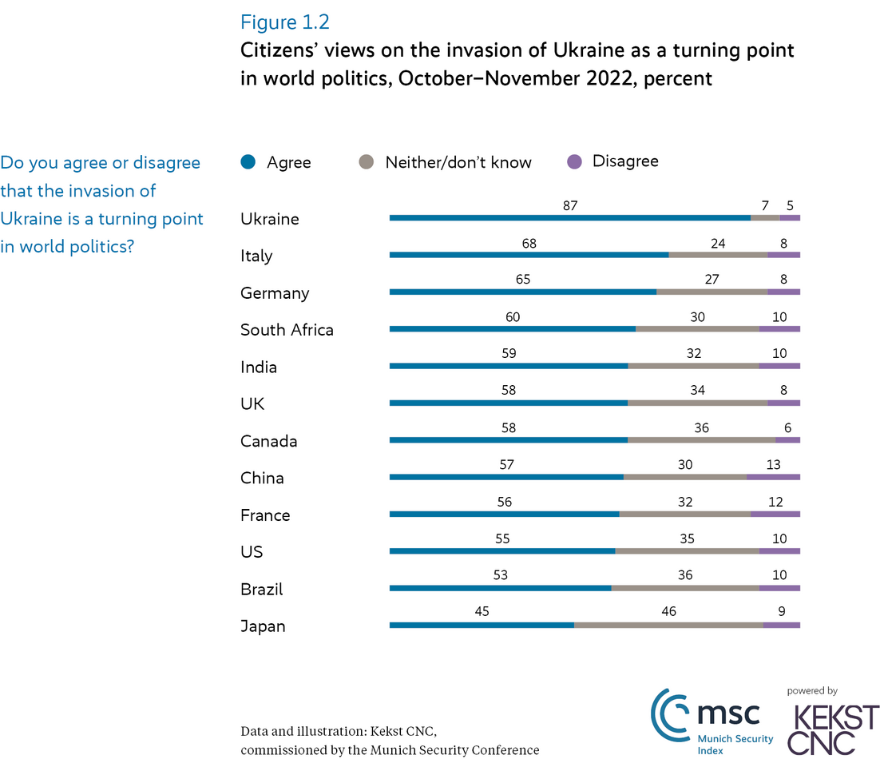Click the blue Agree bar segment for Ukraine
pos(569,217)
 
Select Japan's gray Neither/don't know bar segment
pos(668,625)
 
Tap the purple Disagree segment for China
pos(773,477)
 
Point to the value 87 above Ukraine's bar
pos(569,205)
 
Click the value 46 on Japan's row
pos(668,612)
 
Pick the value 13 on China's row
pos(772,464)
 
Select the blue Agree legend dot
pos(248,162)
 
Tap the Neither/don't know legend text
pos(458,162)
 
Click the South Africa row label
pos(287,330)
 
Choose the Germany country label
pos(275,293)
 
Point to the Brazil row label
pos(262,590)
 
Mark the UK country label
pos(252,404)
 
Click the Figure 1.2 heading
pos(285,22)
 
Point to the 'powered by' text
pos(812,691)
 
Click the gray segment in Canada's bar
pos(701,439)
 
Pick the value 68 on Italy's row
pos(529,242)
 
